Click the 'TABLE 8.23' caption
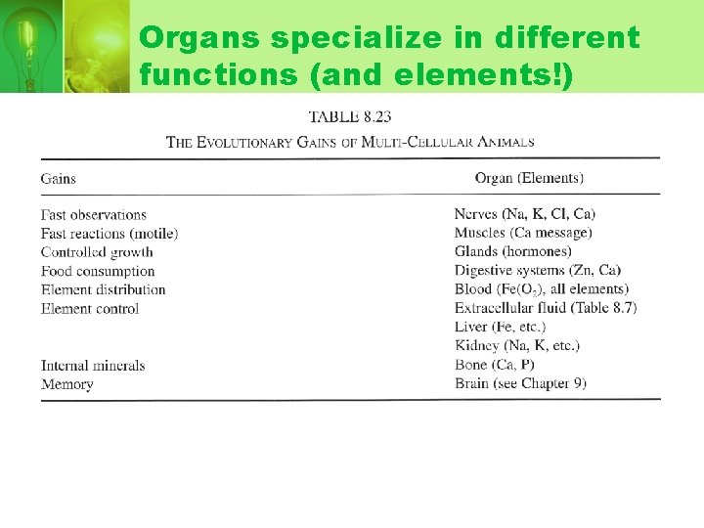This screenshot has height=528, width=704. click(x=350, y=116)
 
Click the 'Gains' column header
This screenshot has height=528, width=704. click(x=59, y=178)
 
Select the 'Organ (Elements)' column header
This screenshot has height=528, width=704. click(x=529, y=178)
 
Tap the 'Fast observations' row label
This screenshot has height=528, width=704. click(x=94, y=215)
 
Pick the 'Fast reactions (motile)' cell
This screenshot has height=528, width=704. click(x=110, y=234)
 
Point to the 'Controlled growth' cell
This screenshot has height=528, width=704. click(x=98, y=252)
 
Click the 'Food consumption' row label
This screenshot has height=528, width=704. click(x=98, y=271)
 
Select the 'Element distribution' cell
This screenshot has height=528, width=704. click(x=104, y=289)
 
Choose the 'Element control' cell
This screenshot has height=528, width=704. click(x=90, y=308)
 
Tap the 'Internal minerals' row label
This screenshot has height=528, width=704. click(x=93, y=366)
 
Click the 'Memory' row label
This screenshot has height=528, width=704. click(x=67, y=384)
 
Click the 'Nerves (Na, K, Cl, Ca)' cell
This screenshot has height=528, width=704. click(x=525, y=214)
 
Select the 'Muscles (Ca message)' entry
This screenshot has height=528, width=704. click(x=523, y=233)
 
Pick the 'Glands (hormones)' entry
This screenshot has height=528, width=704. click(x=513, y=251)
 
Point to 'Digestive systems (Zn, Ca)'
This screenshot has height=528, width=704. click(x=538, y=270)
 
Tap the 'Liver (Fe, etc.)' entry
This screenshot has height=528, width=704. click(x=500, y=327)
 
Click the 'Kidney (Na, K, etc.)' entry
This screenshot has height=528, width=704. click(x=517, y=345)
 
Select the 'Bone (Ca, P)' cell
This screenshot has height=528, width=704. click(x=495, y=365)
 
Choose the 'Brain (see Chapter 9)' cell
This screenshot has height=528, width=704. click(x=520, y=383)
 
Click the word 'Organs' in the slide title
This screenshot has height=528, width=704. click(x=200, y=38)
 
